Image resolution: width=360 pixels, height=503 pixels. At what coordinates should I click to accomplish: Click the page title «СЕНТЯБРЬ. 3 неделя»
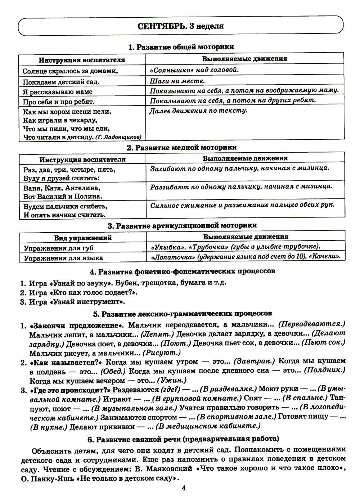tap(180, 26)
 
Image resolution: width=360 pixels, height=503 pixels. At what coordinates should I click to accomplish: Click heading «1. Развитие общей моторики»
tap(181, 47)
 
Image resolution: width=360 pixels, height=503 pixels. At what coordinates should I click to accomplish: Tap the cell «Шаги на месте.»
tap(177, 81)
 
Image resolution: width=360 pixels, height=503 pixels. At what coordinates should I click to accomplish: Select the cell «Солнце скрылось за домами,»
tap(71, 71)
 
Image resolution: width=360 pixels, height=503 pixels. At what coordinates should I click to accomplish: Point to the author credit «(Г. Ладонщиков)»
tap(118, 137)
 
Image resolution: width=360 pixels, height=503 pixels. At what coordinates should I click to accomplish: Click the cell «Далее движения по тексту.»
tap(198, 111)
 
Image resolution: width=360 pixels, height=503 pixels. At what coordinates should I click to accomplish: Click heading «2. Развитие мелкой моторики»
tap(181, 147)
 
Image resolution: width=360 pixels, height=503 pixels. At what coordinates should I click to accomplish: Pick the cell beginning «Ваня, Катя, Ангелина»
tap(62, 192)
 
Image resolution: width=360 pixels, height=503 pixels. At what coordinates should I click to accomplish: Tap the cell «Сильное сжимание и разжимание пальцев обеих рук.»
tap(242, 205)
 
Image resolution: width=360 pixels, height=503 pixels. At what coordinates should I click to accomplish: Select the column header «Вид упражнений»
tap(83, 238)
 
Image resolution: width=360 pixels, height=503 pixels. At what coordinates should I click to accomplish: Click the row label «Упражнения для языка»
tap(63, 258)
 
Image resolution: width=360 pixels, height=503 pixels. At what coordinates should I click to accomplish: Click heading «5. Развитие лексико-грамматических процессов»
tap(183, 314)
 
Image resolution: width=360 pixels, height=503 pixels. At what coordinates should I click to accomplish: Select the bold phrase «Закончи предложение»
tap(76, 325)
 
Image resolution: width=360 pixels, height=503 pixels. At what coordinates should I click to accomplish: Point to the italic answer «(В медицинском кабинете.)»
tap(208, 426)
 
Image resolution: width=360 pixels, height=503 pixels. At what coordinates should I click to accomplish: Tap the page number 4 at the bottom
tap(183, 488)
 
